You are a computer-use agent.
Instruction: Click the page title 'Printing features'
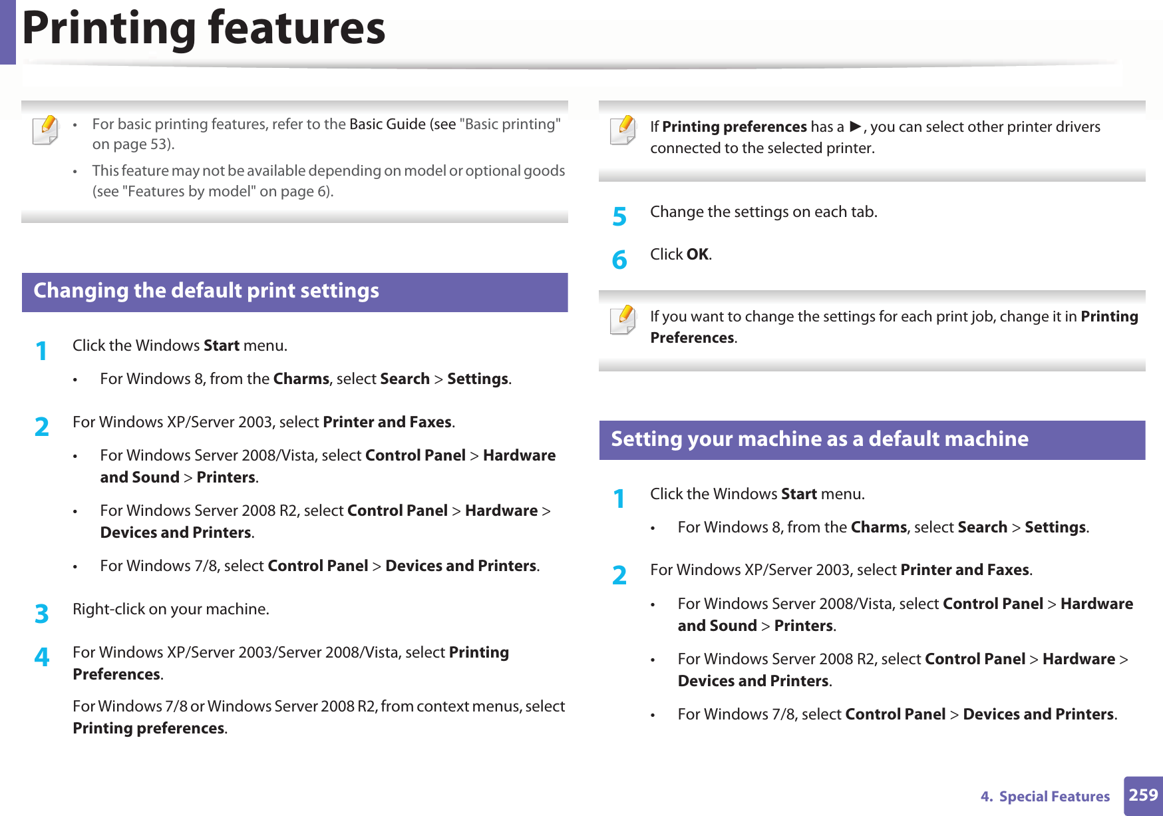[204, 29]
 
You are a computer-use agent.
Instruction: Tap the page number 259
[1143, 795]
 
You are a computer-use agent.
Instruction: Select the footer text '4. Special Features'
[1045, 797]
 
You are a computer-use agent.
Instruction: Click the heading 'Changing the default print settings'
[206, 292]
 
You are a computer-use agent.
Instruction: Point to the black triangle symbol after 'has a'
[856, 126]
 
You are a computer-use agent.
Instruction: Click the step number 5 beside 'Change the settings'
[619, 216]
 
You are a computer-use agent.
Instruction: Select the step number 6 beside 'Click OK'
[619, 259]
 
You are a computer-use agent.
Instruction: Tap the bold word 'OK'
[697, 254]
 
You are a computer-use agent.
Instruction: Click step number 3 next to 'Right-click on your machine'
[42, 613]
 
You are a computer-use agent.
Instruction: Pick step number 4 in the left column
[42, 657]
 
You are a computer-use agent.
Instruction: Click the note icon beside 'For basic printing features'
[45, 130]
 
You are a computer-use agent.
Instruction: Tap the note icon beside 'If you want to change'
[623, 319]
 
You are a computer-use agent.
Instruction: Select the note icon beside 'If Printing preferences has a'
[623, 130]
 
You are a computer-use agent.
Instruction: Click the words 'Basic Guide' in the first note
[387, 124]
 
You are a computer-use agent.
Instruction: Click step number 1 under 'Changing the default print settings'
[42, 350]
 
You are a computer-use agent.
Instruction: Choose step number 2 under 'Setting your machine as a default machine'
[619, 574]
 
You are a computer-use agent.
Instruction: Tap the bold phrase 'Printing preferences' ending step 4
[148, 728]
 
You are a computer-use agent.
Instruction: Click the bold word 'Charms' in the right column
[878, 527]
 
